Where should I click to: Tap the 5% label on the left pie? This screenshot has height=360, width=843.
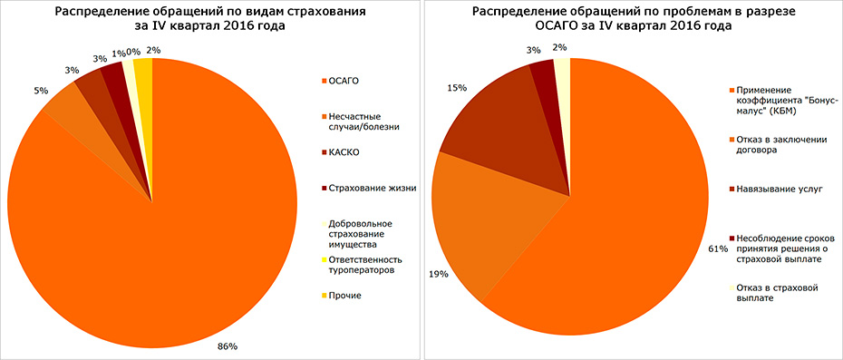coord(42,90)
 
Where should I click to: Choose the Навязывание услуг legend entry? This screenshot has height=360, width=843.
coord(774,189)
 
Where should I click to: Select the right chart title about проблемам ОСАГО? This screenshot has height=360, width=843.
coord(632,19)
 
